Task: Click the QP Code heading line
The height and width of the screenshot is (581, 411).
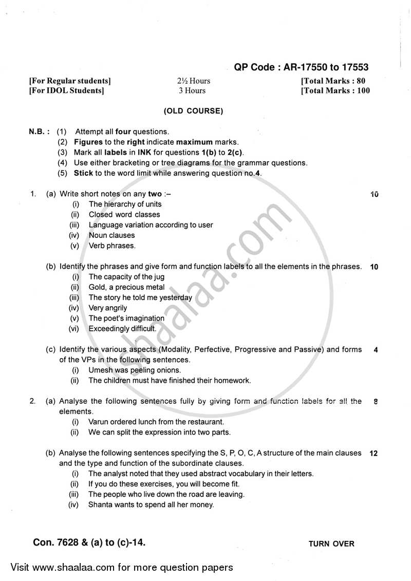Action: [301, 68]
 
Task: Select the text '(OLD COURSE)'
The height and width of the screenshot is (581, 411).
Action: [193, 111]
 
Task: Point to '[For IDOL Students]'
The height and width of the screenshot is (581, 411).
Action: [67, 91]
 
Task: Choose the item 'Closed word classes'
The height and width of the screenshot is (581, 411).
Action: [124, 215]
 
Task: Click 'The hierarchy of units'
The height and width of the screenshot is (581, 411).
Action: [125, 204]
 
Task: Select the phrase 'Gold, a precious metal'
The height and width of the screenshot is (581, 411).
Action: [127, 287]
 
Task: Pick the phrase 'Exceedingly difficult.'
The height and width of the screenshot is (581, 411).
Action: [122, 329]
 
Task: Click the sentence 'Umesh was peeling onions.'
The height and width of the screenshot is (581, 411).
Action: [135, 370]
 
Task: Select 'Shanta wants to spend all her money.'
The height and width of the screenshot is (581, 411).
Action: [151, 505]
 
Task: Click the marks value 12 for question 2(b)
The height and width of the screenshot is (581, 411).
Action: [373, 454]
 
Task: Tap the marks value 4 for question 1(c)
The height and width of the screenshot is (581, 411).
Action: [376, 350]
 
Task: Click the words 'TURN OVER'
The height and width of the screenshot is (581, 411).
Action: [331, 544]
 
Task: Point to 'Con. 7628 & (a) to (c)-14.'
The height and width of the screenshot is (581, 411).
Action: [89, 542]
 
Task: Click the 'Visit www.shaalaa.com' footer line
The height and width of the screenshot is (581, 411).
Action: [122, 568]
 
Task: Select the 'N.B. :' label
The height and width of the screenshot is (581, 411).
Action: [39, 132]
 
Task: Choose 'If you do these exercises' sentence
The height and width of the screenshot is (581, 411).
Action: [164, 484]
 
